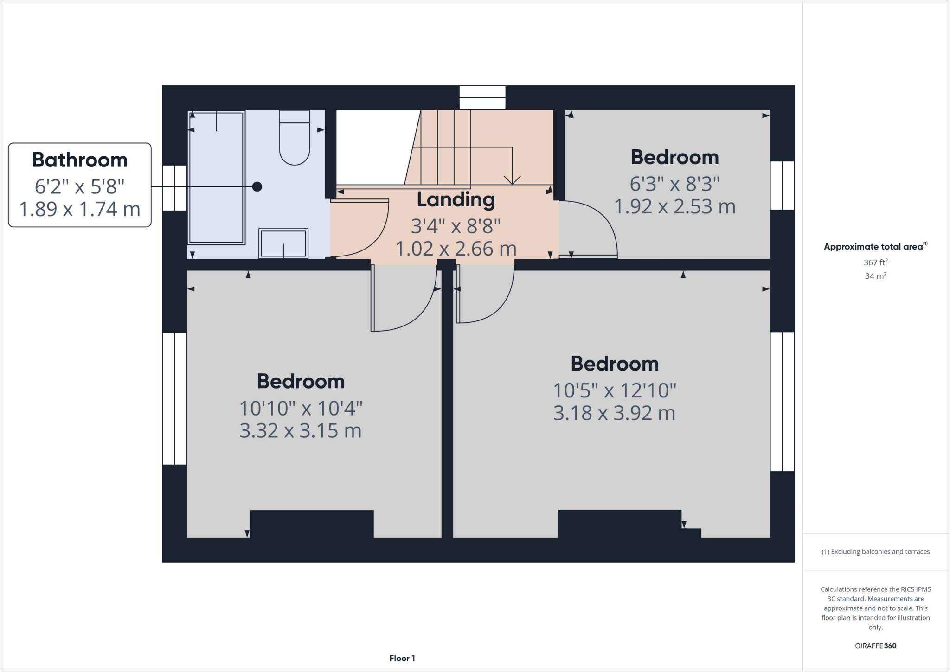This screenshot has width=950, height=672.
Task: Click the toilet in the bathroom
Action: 294,139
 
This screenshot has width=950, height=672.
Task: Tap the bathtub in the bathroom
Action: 216,178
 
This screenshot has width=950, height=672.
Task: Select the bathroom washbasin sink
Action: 283,243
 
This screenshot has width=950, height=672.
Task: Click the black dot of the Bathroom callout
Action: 257,186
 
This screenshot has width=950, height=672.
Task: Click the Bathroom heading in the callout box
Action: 80,160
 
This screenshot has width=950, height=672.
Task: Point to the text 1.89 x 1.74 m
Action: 80,209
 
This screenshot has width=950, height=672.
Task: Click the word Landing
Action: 456,200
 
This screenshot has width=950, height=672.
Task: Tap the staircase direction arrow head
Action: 512,180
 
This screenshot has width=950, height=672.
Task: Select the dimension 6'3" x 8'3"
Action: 674,184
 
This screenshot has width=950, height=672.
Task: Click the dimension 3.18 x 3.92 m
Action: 614,413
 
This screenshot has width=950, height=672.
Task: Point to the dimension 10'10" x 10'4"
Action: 301,409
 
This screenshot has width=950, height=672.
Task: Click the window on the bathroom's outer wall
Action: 174,187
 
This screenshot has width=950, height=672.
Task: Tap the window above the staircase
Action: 482,97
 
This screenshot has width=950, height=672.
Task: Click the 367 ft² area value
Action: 875,262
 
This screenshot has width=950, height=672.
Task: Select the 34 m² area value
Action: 875,276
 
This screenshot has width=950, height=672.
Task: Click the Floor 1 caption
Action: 402,658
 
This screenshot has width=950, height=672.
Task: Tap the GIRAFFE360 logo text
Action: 875,646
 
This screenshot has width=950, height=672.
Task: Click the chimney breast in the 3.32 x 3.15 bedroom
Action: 311,524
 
